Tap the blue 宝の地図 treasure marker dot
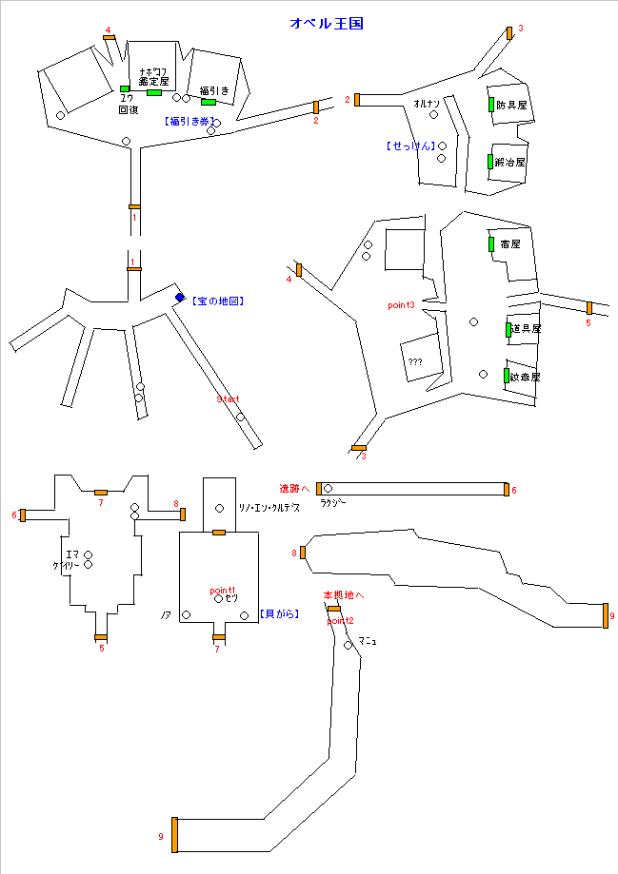tap(179, 298)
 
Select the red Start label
tap(229, 399)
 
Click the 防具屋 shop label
tap(511, 105)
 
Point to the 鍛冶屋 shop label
tap(510, 163)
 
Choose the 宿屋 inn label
tap(510, 244)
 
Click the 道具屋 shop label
tap(526, 329)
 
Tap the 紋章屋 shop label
tap(525, 377)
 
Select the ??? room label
tap(415, 362)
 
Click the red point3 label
tap(401, 305)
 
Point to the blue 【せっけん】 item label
tap(410, 146)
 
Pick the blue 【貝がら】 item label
tap(279, 614)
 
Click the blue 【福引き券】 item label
tap(190, 122)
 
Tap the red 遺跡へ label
tap(294, 488)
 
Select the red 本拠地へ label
tap(344, 595)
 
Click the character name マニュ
tap(368, 642)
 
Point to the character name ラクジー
tap(333, 502)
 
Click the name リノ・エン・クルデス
tap(269, 508)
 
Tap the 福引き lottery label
tap(214, 91)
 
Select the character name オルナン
tap(427, 103)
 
